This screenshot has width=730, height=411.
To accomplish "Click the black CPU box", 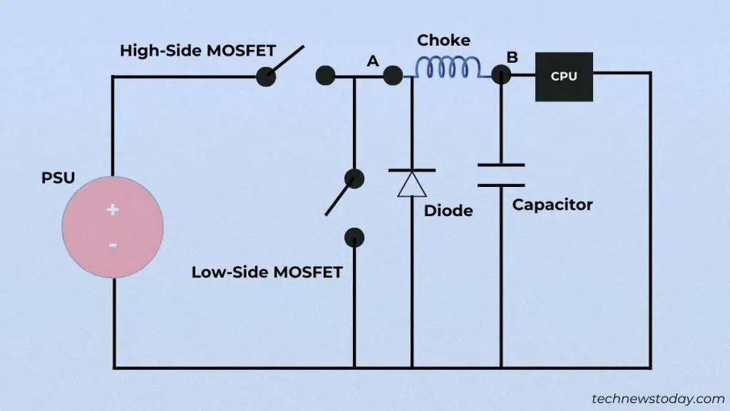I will pyautogui.click(x=564, y=76).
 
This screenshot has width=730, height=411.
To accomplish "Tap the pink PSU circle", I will pyautogui.click(x=113, y=227).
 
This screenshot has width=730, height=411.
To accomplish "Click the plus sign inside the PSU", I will pyautogui.click(x=112, y=209).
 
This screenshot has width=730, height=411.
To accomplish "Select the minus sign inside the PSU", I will pyautogui.click(x=113, y=245).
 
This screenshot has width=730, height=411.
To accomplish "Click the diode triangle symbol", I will pyautogui.click(x=412, y=183).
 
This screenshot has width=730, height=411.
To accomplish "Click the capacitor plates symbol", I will pyautogui.click(x=500, y=175).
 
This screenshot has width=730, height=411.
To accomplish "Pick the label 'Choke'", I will pyautogui.click(x=443, y=41).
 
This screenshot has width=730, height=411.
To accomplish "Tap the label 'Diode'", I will pyautogui.click(x=448, y=211).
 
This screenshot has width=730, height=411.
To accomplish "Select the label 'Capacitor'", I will pyautogui.click(x=552, y=205).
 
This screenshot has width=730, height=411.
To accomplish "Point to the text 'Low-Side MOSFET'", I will pyautogui.click(x=267, y=272).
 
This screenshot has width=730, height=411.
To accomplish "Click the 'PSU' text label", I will pyautogui.click(x=58, y=178).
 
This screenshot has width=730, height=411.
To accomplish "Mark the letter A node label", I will pyautogui.click(x=373, y=62).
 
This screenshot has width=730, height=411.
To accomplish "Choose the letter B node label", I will pyautogui.click(x=512, y=56).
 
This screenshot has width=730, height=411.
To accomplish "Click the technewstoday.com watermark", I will pyautogui.click(x=658, y=399).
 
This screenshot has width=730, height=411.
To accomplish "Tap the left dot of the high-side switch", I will pyautogui.click(x=265, y=76).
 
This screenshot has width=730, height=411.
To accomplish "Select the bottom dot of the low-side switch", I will pyautogui.click(x=354, y=238).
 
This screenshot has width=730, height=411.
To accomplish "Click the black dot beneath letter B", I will pyautogui.click(x=501, y=76).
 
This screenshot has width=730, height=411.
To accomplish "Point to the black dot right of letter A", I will pyautogui.click(x=393, y=76).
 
